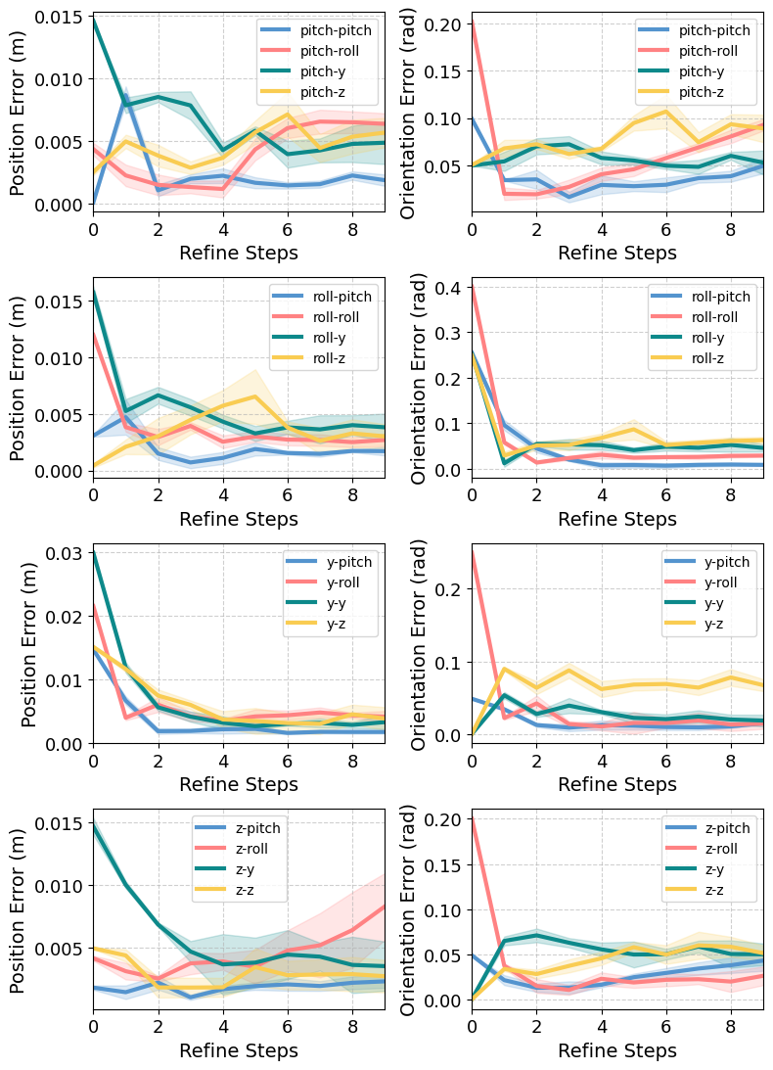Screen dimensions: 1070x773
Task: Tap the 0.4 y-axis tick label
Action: (x=449, y=288)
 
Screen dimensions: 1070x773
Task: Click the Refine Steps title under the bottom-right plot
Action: (x=616, y=1050)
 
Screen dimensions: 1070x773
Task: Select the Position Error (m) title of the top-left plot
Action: (x=19, y=113)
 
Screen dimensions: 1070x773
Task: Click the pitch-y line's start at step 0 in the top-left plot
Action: (x=94, y=19)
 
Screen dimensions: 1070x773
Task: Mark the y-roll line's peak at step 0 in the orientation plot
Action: (x=473, y=551)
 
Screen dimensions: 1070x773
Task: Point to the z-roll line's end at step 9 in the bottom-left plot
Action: (x=385, y=906)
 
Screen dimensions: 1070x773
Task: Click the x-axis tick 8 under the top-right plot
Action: (x=730, y=230)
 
